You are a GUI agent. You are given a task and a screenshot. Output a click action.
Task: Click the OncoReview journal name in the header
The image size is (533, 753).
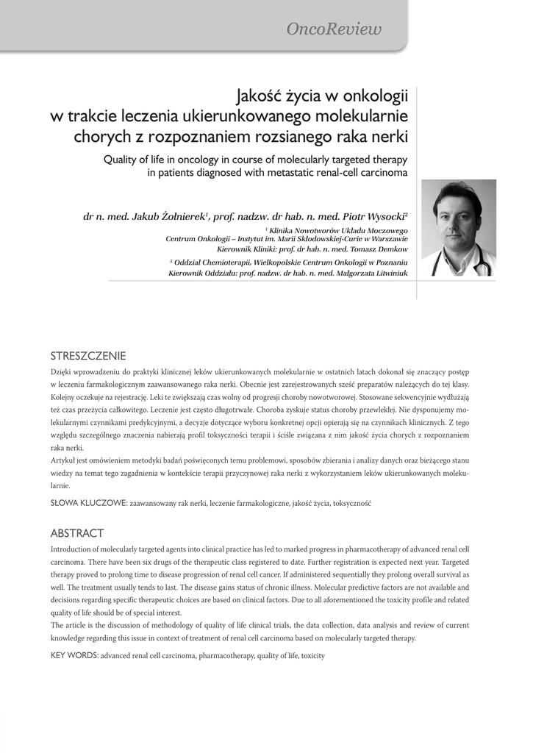tap(334, 29)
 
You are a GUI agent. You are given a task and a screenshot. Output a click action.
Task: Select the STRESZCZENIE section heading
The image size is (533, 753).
tap(88, 355)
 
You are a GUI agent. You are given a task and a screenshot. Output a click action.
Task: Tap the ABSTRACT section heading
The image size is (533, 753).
tap(76, 533)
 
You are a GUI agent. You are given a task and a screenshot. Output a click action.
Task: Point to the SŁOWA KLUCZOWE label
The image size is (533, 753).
tap(88, 504)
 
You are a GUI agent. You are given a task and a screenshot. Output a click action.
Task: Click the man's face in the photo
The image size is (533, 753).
tap(457, 217)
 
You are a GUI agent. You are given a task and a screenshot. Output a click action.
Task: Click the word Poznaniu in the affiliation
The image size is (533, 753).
tap(387, 262)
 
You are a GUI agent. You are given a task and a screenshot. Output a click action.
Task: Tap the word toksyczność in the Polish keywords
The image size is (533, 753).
tap(352, 504)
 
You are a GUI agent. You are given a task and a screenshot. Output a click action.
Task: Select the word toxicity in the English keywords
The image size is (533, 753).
tap(312, 655)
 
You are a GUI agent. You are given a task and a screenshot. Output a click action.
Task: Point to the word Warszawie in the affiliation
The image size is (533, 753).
tap(384, 238)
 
